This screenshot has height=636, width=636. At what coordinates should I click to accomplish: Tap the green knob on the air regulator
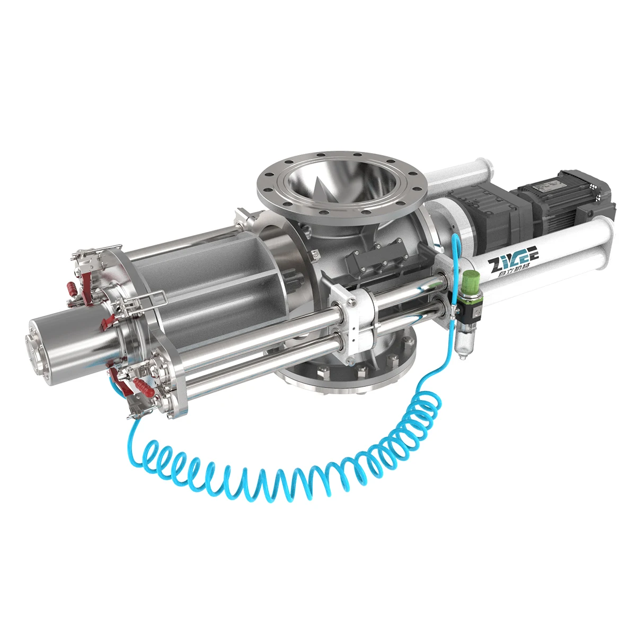pyautogui.click(x=470, y=280)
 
